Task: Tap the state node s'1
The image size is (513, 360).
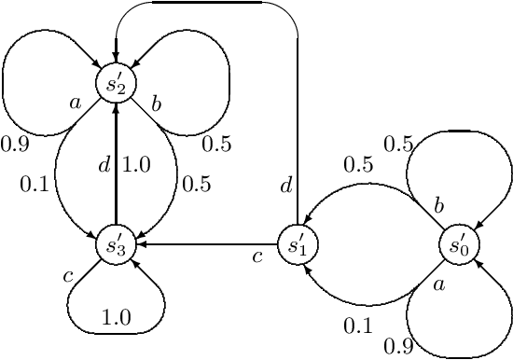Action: [297, 246]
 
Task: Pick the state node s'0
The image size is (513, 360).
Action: [457, 246]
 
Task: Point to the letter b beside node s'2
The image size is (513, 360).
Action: [156, 104]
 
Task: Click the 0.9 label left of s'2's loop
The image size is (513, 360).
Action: [14, 145]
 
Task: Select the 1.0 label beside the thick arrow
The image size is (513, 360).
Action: [136, 166]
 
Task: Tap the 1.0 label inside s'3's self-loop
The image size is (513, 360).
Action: [116, 317]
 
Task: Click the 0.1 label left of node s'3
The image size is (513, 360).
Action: [34, 185]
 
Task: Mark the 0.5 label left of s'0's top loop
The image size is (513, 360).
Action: [398, 145]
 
